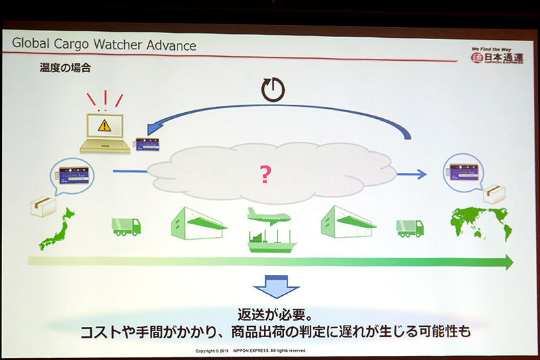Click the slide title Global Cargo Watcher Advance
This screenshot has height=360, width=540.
point(105,46)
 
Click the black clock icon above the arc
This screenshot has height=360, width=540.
point(273,89)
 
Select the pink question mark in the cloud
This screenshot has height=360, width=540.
point(265,176)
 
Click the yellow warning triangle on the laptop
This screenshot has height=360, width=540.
point(103,125)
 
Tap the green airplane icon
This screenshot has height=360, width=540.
point(268,215)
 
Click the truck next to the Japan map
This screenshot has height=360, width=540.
point(126,226)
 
